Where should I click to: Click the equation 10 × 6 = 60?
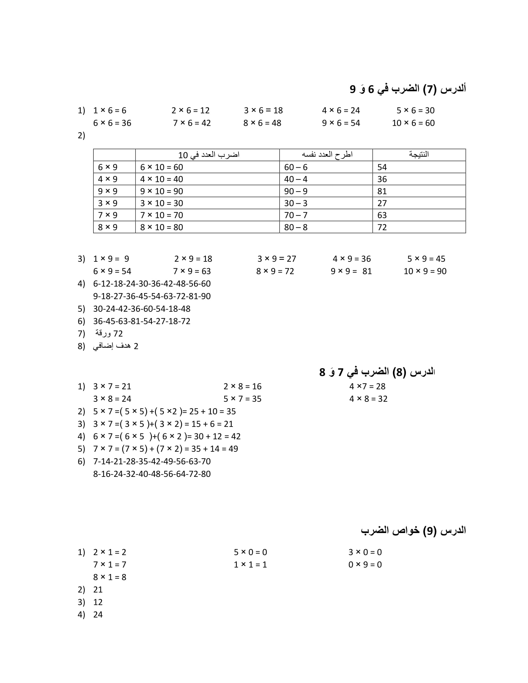pyautogui.click(x=413, y=123)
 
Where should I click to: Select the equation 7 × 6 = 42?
pyautogui.click(x=192, y=123)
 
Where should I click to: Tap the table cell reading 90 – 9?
pyautogui.click(x=296, y=191)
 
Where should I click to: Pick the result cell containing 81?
pyautogui.click(x=382, y=191)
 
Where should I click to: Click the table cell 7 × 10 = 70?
pyautogui.click(x=162, y=215)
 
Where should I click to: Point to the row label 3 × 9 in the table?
pyautogui.click(x=107, y=203)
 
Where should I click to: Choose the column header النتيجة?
pyautogui.click(x=419, y=155)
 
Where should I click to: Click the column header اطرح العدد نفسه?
pyautogui.click(x=327, y=155)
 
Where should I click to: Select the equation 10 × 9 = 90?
pyautogui.click(x=425, y=271)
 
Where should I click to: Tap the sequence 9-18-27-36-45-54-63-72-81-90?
pyautogui.click(x=152, y=296)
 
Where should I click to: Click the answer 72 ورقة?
pyautogui.click(x=109, y=334)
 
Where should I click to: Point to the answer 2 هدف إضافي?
pyautogui.click(x=116, y=346)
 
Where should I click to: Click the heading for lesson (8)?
pyautogui.click(x=377, y=372)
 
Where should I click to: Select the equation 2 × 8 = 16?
pyautogui.click(x=243, y=387)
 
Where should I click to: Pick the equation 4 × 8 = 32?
pyautogui.click(x=368, y=399)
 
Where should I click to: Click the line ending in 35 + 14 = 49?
pyautogui.click(x=166, y=449)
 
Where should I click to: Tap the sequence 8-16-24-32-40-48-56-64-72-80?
pyautogui.click(x=152, y=474)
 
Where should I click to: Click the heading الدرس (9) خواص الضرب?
pyautogui.click(x=413, y=530)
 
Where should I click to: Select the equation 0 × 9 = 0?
pyautogui.click(x=365, y=565)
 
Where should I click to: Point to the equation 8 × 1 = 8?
pyautogui.click(x=109, y=577)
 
